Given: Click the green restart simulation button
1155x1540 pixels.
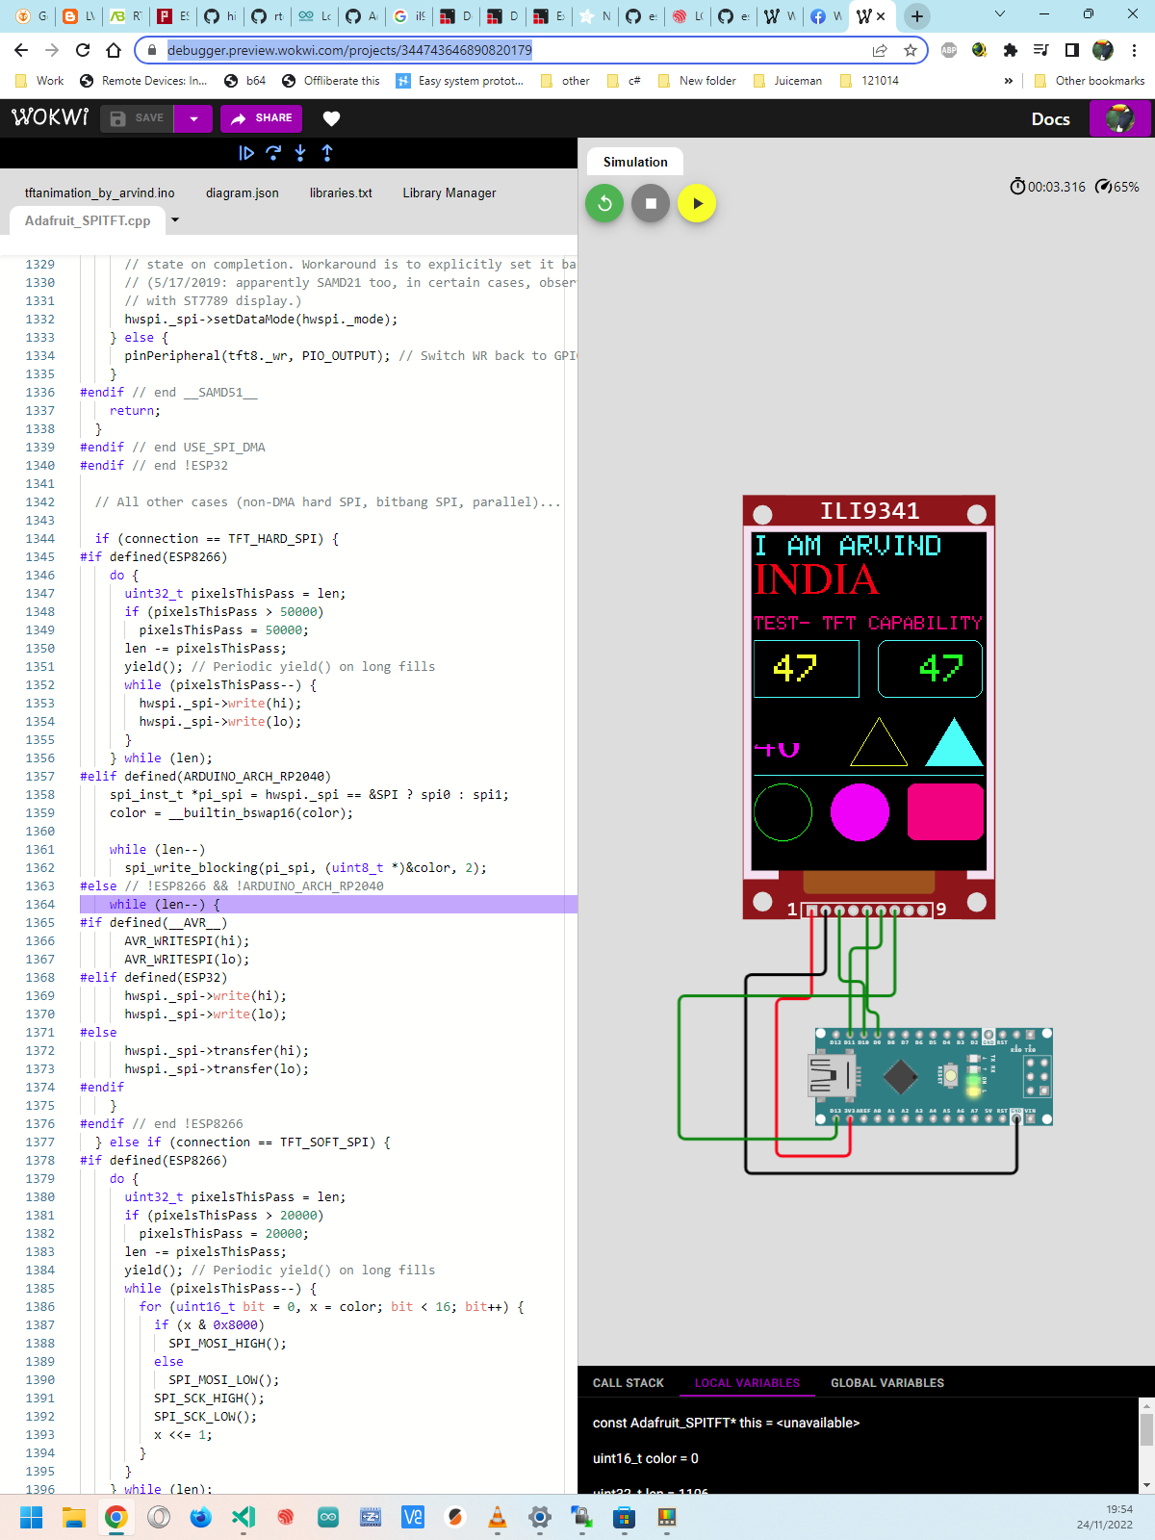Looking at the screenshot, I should [x=604, y=203].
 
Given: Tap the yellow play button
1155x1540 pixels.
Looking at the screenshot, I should [x=697, y=203].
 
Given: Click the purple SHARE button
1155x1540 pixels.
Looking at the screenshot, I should [x=262, y=118].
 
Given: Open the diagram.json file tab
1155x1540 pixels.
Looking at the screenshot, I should [x=242, y=192].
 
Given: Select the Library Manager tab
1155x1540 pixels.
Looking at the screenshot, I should [x=449, y=192].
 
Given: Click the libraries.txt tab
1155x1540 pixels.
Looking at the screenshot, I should [x=341, y=192].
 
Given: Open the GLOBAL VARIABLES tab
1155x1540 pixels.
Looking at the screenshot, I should [x=886, y=1383].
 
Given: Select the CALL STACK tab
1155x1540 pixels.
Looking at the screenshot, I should [x=628, y=1383].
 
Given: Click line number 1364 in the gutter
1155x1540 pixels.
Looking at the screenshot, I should [x=40, y=905].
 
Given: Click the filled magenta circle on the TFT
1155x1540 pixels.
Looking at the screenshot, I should [x=860, y=812].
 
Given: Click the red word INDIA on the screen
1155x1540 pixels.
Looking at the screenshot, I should [x=815, y=579].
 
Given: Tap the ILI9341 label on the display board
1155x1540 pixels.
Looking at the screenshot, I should [x=869, y=511].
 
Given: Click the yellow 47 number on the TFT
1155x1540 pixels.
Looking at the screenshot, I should [x=795, y=667].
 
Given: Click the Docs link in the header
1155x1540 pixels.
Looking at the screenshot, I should [x=1050, y=119].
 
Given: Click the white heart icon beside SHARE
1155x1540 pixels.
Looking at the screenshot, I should [x=331, y=118].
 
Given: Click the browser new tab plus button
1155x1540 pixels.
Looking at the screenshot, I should [x=917, y=15].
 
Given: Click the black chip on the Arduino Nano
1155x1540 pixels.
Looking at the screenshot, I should [x=900, y=1076].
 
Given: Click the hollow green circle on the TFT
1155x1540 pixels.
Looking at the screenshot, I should [x=783, y=812].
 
